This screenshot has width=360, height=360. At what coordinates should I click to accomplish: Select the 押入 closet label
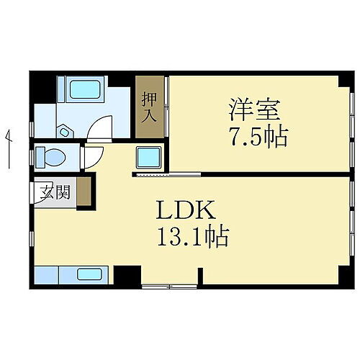[149, 106]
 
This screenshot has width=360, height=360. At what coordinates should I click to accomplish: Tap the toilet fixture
[49, 156]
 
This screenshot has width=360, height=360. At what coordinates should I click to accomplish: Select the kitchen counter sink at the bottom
[89, 274]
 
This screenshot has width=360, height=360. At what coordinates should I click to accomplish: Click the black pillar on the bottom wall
[127, 274]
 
